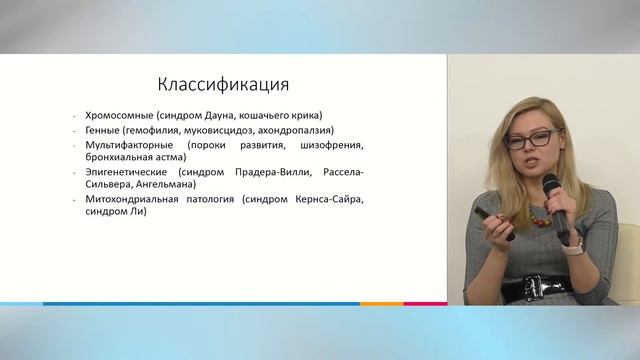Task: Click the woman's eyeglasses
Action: point(531,137)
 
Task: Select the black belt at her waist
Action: point(536,287)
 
